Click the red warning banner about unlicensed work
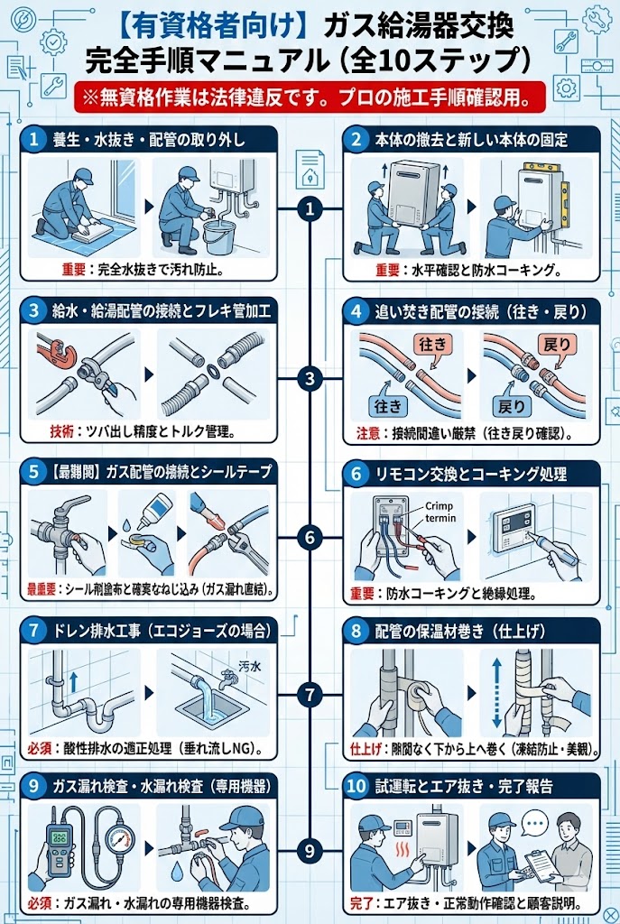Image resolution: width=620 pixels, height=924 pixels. pyautogui.click(x=310, y=95)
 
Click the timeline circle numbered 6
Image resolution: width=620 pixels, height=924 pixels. pyautogui.click(x=310, y=539)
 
